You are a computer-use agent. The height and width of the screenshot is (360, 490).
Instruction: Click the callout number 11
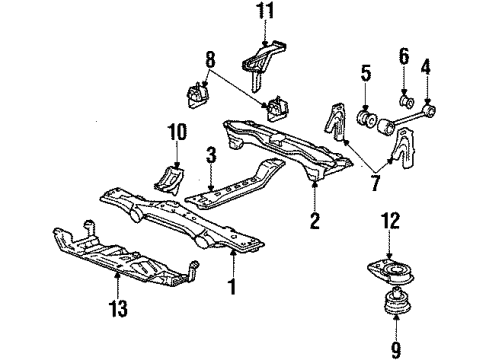click(265, 13)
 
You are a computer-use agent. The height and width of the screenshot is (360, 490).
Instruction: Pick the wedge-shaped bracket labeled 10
click(167, 180)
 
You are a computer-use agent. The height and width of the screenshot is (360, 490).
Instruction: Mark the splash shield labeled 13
click(120, 265)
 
